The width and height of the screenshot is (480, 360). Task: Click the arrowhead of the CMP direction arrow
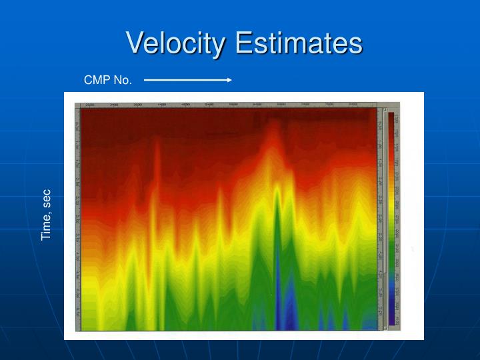click(x=229, y=80)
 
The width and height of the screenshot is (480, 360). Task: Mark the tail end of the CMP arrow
click(x=145, y=80)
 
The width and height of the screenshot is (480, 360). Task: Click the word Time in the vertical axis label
click(x=46, y=227)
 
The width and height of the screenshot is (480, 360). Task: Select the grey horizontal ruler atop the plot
click(x=227, y=105)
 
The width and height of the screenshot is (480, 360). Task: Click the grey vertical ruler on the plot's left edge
click(x=77, y=220)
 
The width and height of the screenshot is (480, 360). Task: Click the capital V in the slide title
click(x=135, y=43)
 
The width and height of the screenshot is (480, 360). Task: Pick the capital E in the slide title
click(x=244, y=43)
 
